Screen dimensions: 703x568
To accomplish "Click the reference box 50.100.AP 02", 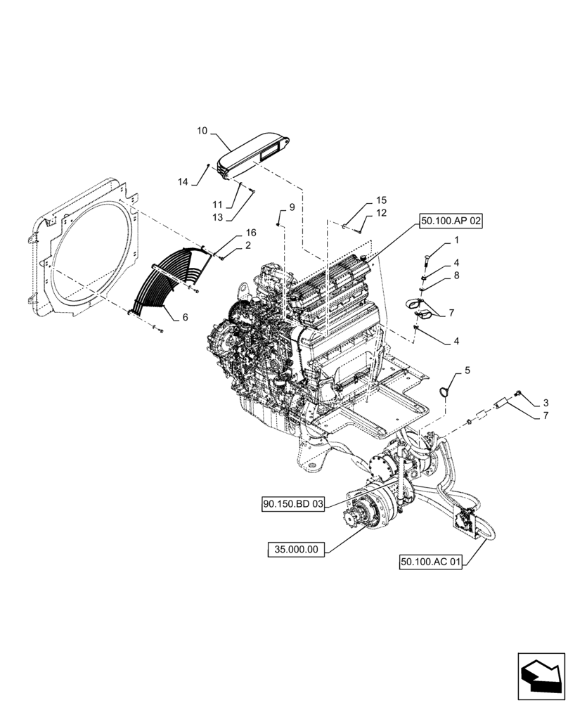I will click(x=452, y=221).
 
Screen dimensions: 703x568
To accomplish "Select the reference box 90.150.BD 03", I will click(x=293, y=504).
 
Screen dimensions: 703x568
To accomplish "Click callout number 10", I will click(x=202, y=131).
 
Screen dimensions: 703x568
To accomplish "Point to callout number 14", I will click(x=183, y=182).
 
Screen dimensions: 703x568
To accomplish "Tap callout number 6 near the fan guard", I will click(x=185, y=318).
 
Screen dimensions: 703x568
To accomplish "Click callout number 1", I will click(x=456, y=240).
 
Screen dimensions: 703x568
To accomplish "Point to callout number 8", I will click(x=456, y=276).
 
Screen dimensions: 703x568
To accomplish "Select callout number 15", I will click(x=381, y=200).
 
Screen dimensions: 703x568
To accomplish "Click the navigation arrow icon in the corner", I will click(x=541, y=676).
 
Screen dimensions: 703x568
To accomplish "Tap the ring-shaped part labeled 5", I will click(x=445, y=390).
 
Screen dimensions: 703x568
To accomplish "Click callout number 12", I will click(x=381, y=213).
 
